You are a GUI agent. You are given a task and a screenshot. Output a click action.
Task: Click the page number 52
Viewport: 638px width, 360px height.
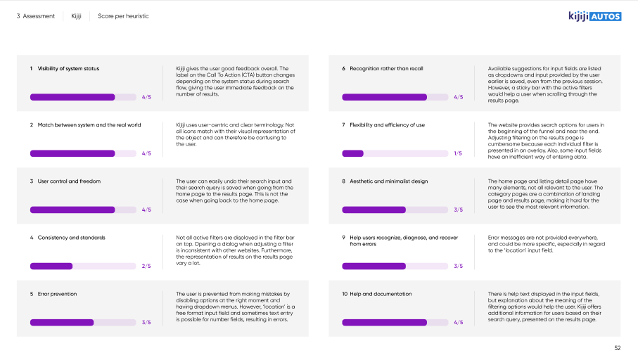click(x=617, y=348)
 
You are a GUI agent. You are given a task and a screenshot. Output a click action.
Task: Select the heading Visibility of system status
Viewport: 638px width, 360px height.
click(x=68, y=69)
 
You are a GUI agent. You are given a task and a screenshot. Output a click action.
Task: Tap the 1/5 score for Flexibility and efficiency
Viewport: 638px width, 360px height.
click(x=458, y=153)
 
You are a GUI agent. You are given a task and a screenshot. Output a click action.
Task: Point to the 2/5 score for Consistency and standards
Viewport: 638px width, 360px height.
click(x=146, y=266)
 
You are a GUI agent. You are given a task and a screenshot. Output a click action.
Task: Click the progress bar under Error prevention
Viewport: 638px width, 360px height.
click(x=83, y=322)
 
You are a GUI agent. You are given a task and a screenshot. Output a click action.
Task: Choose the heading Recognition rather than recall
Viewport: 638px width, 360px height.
click(x=386, y=69)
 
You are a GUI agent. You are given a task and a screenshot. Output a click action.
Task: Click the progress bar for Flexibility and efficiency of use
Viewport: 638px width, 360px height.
click(x=395, y=153)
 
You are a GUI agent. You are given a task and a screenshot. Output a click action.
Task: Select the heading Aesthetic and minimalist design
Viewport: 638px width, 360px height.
click(x=388, y=181)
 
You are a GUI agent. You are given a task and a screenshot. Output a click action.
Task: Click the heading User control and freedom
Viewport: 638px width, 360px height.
click(x=69, y=181)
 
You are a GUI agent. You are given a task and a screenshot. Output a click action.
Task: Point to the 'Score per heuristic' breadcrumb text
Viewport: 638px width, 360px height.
click(x=123, y=16)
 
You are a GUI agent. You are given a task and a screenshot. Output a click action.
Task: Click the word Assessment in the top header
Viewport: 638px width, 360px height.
click(x=39, y=16)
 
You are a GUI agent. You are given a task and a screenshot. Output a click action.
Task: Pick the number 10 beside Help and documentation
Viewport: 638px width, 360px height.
click(x=345, y=294)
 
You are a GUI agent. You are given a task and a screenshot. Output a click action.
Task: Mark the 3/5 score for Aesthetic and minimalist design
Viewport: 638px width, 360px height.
click(x=458, y=210)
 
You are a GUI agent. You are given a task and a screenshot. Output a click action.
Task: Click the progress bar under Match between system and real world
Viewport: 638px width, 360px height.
click(x=83, y=153)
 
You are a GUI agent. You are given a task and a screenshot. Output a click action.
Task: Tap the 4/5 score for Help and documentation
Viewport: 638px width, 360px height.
click(x=458, y=322)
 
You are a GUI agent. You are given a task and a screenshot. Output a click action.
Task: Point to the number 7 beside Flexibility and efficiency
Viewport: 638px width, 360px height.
click(x=343, y=125)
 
